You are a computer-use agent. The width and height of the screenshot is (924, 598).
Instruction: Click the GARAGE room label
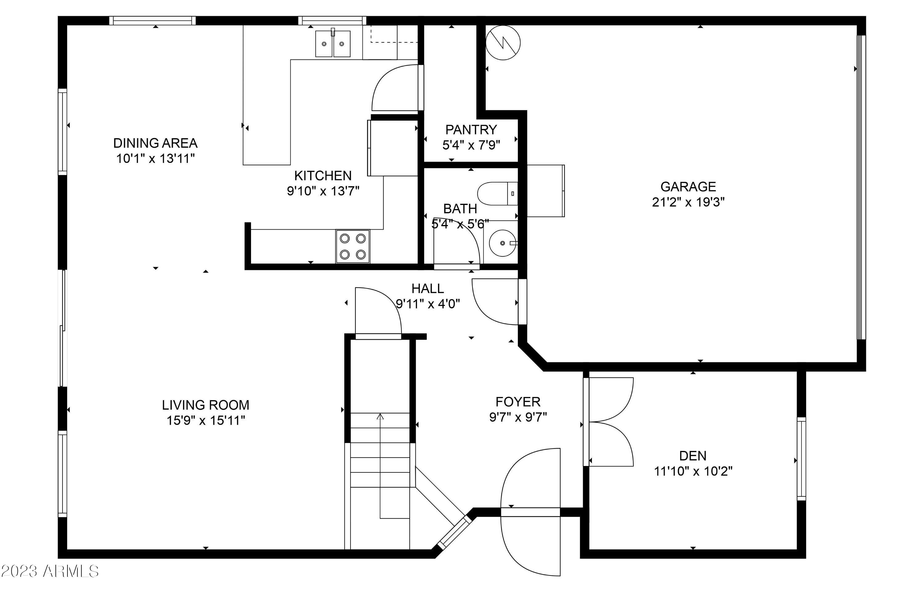coord(688,187)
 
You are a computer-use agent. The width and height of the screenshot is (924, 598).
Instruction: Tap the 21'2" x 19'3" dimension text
coord(688,202)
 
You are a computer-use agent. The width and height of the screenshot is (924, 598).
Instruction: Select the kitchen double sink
coord(333,43)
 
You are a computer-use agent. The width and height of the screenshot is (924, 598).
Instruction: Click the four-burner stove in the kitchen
coord(353,246)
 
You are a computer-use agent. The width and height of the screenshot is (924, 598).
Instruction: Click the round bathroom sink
coord(503,243)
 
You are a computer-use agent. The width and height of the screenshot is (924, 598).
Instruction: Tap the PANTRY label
coord(471,130)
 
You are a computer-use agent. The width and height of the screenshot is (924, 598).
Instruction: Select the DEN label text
coord(693,456)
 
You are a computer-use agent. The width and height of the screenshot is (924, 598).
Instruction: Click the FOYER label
coord(518,402)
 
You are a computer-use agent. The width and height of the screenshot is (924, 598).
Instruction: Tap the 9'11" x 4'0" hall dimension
coord(428,303)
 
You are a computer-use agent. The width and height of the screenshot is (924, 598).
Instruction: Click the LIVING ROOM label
coord(205,405)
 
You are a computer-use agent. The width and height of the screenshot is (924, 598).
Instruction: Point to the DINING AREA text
coord(155,143)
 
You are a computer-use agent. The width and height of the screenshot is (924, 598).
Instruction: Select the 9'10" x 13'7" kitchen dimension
coord(323,191)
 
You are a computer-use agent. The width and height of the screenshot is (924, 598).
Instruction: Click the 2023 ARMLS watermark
coord(50,571)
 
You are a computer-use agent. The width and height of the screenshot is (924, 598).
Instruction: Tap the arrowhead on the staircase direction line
coord(380,417)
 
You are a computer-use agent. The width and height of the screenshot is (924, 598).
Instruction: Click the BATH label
coord(460,209)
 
